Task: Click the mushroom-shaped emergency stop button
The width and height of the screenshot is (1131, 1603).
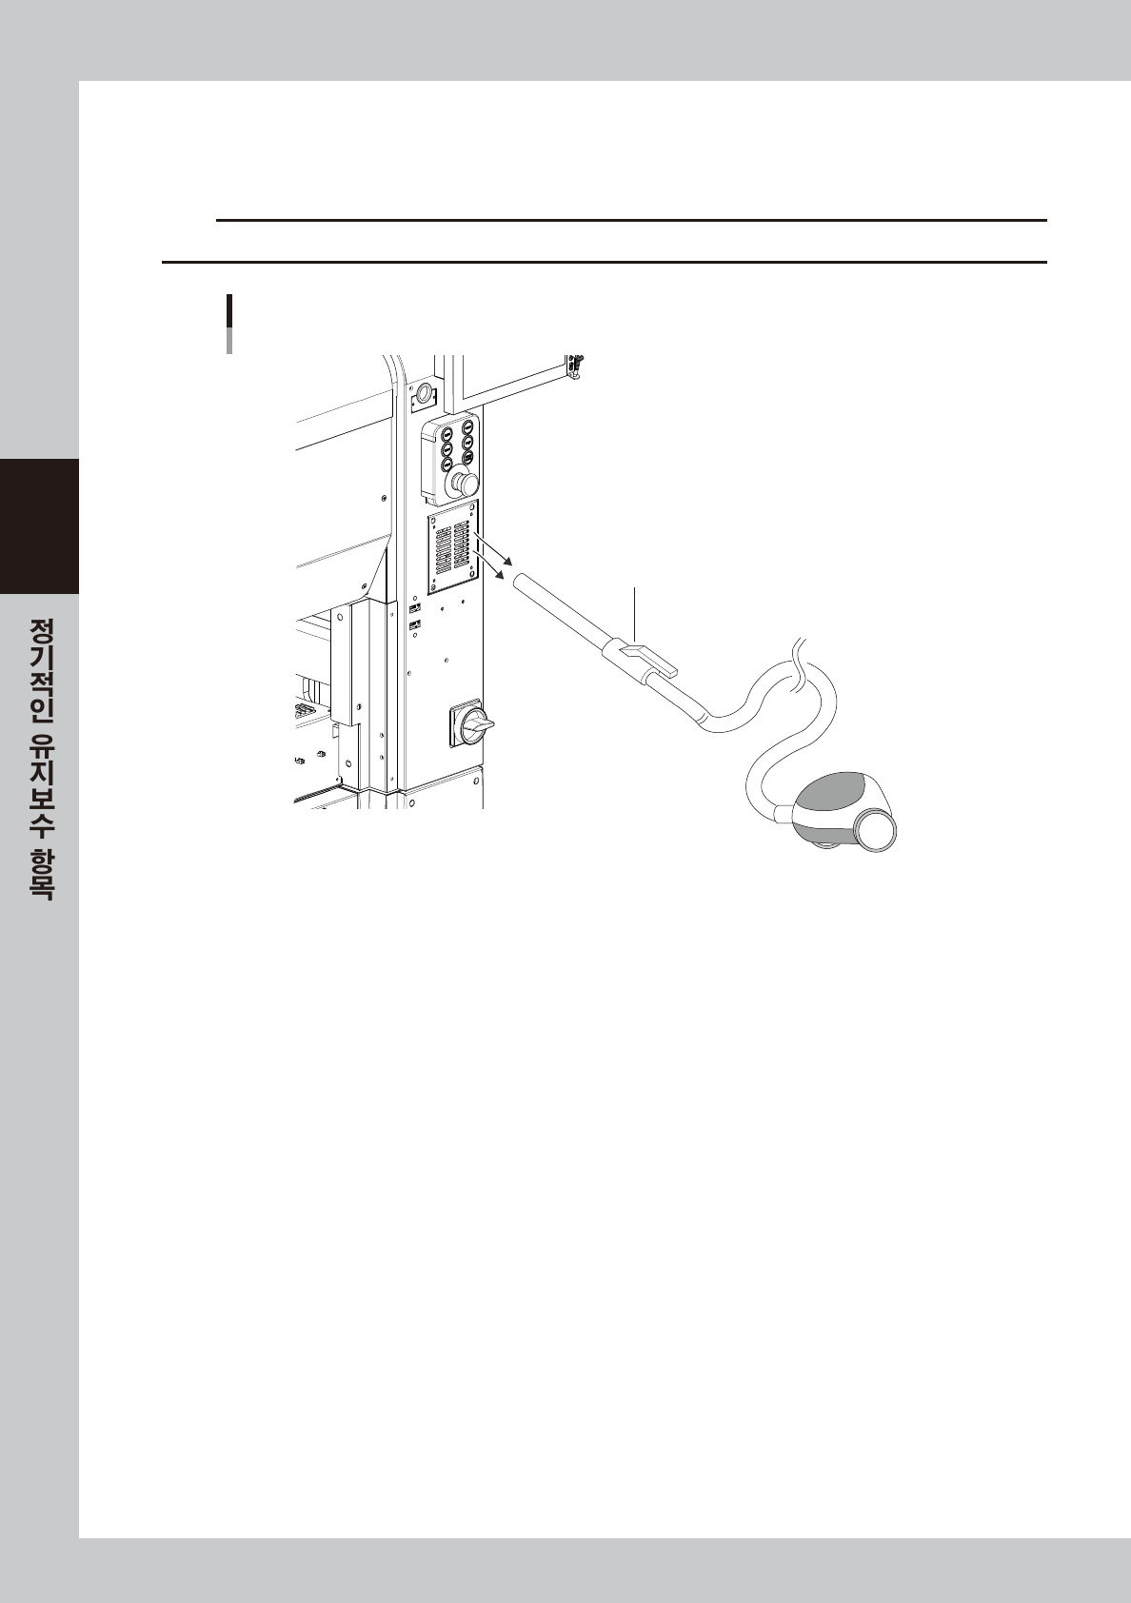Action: click(x=465, y=484)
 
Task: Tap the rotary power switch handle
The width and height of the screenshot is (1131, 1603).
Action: click(x=477, y=727)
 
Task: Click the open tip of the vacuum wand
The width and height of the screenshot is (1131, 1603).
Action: click(x=520, y=582)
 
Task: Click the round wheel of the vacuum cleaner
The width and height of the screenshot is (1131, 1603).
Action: click(x=876, y=830)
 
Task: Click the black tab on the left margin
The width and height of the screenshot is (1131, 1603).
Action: click(x=39, y=525)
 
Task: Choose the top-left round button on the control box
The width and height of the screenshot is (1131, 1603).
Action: click(x=446, y=432)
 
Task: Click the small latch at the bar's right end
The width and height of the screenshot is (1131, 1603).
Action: click(x=574, y=366)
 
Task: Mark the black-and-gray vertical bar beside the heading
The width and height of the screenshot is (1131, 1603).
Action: click(x=229, y=324)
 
